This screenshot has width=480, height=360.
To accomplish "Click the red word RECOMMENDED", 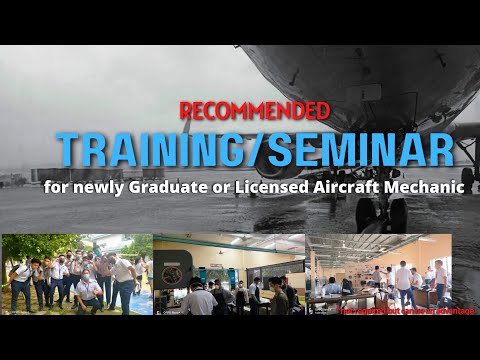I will pos(254,109).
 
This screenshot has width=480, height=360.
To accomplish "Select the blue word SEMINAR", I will pos(362,150).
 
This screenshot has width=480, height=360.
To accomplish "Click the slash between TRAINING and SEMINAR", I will pos(260,150).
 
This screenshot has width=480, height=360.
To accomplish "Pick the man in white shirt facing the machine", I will pos(200,298).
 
